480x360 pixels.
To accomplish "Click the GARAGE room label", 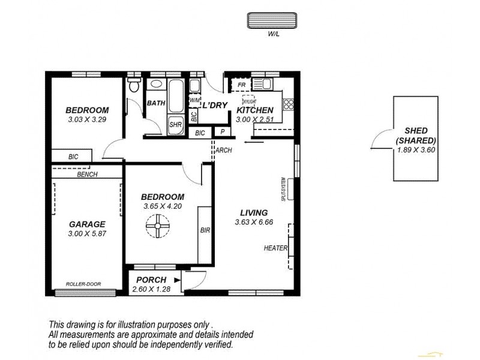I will [x=86, y=224].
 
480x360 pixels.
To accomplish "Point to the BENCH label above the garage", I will [x=88, y=175].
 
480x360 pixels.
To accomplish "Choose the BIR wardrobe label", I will [x=205, y=230].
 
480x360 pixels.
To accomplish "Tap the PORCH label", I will [x=151, y=280].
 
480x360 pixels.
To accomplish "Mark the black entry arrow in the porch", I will [x=177, y=280].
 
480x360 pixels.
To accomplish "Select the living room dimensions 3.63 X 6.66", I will [x=254, y=223].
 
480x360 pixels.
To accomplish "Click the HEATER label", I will [x=275, y=248].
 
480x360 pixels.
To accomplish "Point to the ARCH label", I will [x=224, y=151].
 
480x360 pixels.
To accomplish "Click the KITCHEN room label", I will [x=255, y=110].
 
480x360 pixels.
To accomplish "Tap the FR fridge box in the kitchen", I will [x=241, y=86].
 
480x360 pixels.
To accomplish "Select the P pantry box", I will [x=222, y=132].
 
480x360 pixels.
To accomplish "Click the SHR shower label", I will [x=175, y=125].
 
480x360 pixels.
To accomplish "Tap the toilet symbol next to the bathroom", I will [x=134, y=86].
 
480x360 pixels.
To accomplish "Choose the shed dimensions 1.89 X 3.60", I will [x=415, y=149].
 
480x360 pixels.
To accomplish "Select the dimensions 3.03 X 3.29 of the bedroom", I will [x=87, y=119].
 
